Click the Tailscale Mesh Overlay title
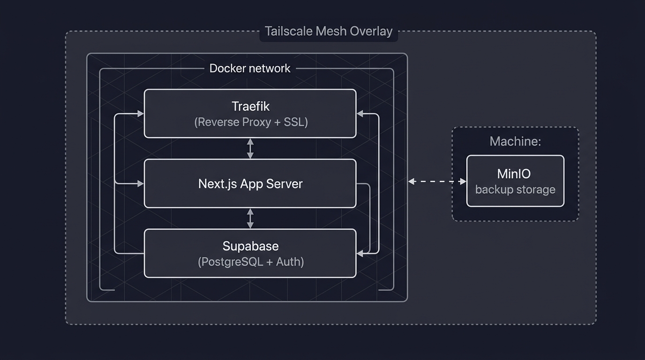(328, 31)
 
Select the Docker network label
(250, 68)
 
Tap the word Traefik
(250, 106)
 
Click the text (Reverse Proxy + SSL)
(251, 122)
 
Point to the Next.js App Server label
(250, 184)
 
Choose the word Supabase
(250, 246)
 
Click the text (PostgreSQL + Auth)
(251, 262)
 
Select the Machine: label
(515, 142)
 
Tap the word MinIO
(514, 174)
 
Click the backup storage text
(515, 190)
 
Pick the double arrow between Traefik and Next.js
(250, 149)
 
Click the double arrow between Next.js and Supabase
(250, 218)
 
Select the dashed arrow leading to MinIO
(437, 181)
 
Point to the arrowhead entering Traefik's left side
(140, 113)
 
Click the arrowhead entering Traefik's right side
(360, 113)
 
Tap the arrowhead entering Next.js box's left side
(140, 184)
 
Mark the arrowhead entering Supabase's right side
(360, 254)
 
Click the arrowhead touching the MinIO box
(463, 181)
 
